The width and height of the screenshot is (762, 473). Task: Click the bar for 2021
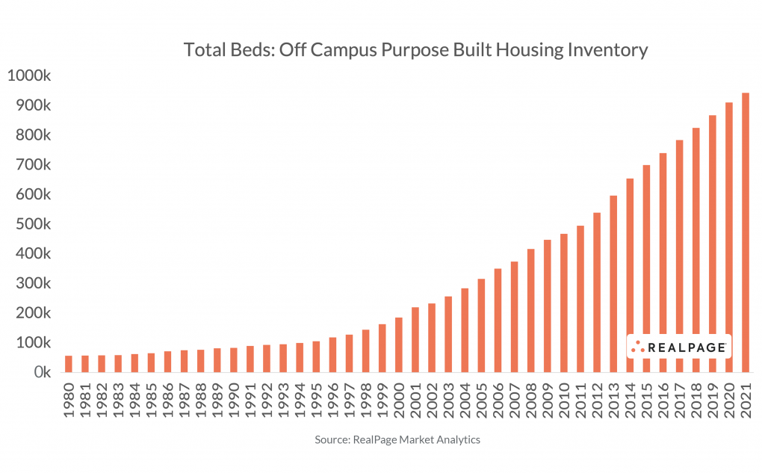click(x=745, y=232)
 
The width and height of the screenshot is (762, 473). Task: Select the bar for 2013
click(x=613, y=284)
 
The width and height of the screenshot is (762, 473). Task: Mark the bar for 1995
click(x=316, y=356)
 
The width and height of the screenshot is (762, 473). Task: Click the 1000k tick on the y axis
click(x=28, y=75)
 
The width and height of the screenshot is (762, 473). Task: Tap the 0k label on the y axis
click(x=39, y=372)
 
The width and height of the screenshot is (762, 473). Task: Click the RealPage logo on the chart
click(x=678, y=347)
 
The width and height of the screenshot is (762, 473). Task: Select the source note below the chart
click(x=397, y=440)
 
